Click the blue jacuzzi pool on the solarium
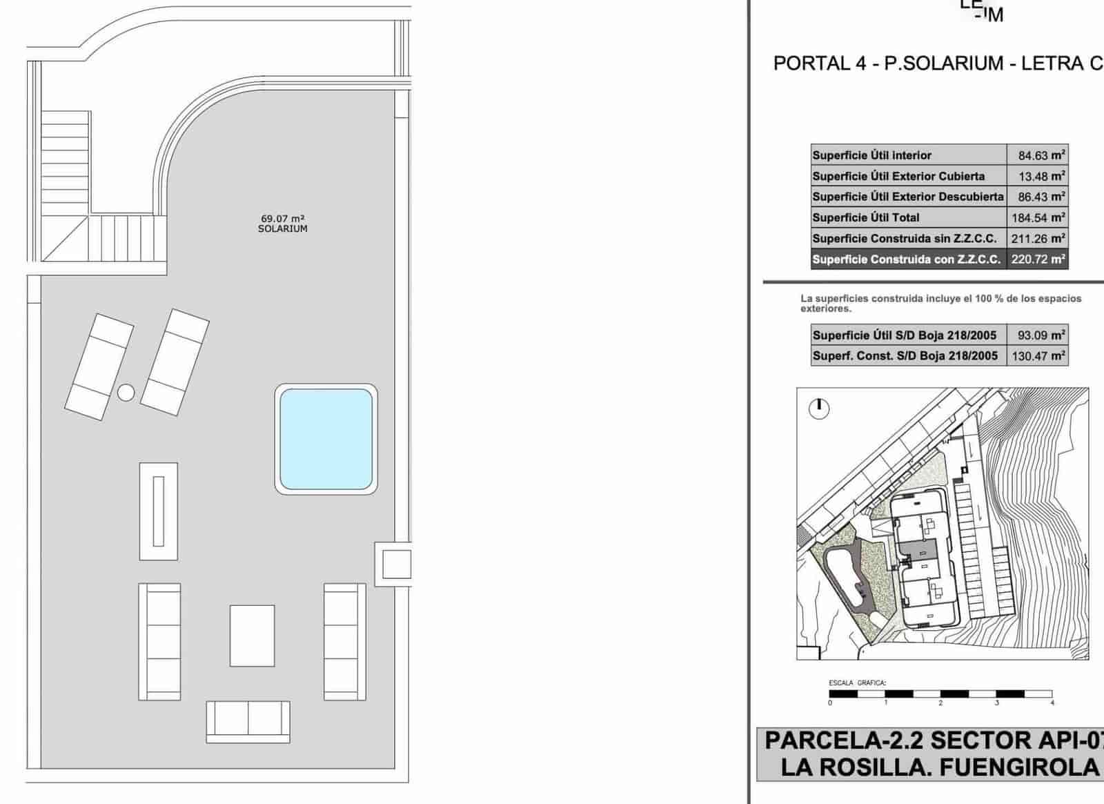tap(326, 438)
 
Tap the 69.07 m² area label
tap(282, 218)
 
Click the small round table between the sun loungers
tap(126, 393)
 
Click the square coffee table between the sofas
tap(252, 636)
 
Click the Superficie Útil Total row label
tap(866, 217)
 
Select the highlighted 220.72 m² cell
tap(1038, 259)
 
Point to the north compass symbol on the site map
tap(818, 408)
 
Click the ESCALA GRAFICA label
tap(857, 683)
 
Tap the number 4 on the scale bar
tap(1052, 703)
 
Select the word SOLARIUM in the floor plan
tap(282, 228)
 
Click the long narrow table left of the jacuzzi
tap(159, 511)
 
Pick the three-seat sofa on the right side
tap(345, 642)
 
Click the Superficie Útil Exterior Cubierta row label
tap(898, 176)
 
